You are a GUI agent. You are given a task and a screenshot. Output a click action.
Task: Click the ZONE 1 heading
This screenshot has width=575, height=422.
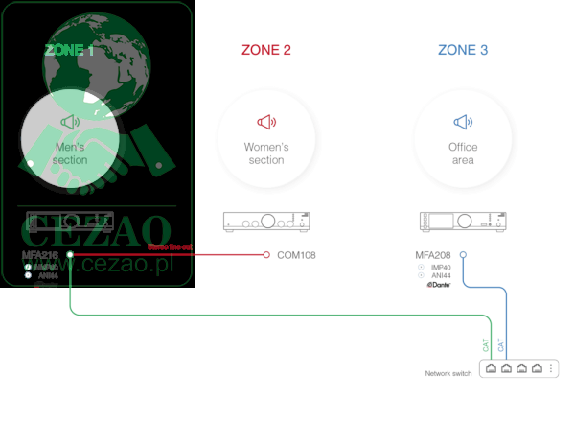click(68, 50)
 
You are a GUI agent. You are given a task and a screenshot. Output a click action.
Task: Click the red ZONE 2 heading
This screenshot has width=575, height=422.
click(265, 50)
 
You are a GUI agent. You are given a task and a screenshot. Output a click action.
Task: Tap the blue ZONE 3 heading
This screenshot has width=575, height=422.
click(463, 50)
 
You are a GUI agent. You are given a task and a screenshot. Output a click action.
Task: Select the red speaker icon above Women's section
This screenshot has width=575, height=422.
click(266, 122)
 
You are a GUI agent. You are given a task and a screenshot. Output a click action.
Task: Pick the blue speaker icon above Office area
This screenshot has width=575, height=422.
click(464, 122)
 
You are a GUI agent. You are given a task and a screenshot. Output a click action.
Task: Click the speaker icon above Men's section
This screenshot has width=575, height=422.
click(70, 122)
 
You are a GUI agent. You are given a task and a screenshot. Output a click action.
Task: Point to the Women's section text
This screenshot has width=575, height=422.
click(266, 153)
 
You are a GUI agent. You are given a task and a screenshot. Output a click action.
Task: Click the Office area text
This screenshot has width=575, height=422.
click(463, 153)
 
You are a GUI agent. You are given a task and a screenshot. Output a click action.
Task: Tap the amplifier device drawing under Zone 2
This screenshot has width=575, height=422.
click(266, 222)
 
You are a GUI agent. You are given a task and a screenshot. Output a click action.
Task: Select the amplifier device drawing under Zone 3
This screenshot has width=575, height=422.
click(464, 222)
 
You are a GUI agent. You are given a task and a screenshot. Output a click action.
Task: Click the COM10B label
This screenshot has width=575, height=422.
click(296, 255)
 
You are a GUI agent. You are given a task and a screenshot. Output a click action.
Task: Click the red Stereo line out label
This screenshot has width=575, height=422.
click(170, 247)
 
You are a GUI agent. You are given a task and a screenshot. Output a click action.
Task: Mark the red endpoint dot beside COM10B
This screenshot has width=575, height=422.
click(266, 255)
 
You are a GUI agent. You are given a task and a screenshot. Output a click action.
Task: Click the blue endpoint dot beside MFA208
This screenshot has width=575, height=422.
click(463, 255)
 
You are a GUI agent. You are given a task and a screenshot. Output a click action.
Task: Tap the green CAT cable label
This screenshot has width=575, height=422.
click(485, 342)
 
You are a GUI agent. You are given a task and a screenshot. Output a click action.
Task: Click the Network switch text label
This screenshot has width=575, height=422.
click(448, 373)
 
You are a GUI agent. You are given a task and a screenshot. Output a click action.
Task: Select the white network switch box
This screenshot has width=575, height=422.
click(517, 368)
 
